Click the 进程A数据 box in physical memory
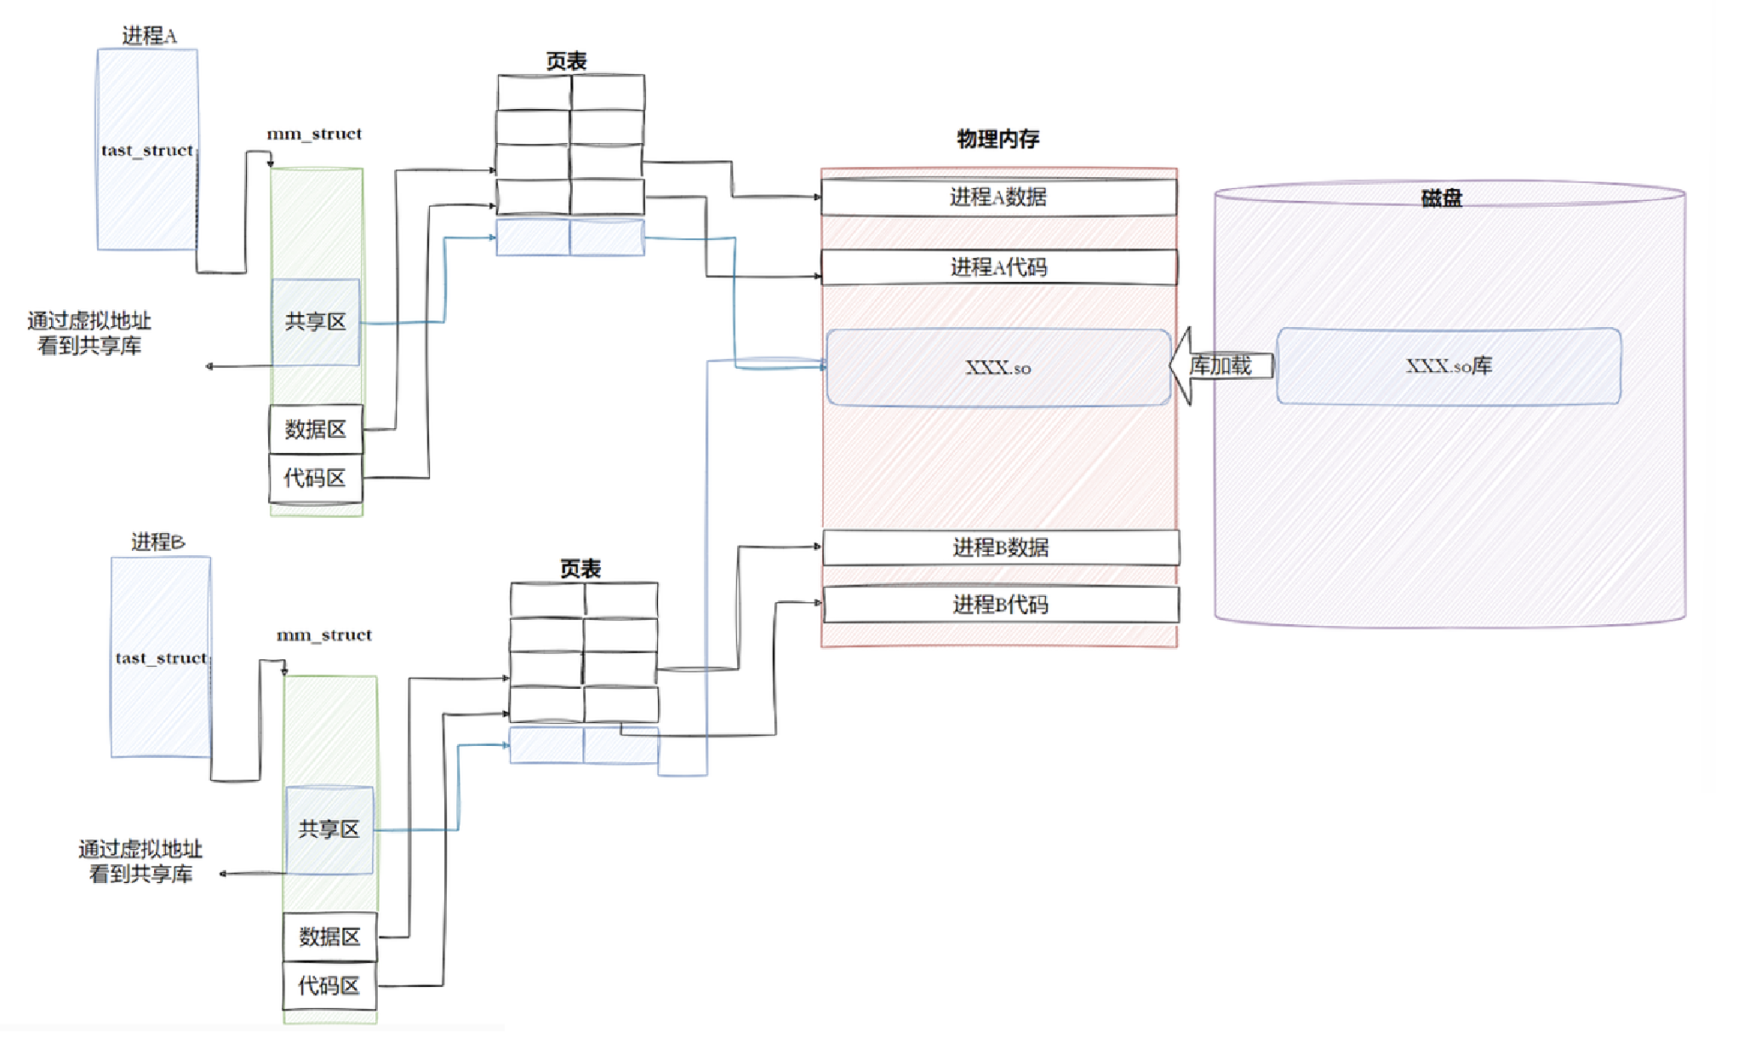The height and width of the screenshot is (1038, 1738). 998,198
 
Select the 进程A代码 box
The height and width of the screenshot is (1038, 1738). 998,267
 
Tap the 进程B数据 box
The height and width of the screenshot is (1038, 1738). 1001,548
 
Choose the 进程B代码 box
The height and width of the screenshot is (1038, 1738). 1001,605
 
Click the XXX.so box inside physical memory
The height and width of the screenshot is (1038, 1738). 998,368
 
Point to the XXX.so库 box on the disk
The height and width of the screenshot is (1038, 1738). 1449,366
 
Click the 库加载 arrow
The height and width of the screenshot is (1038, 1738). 1221,366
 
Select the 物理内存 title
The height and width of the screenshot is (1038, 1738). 998,139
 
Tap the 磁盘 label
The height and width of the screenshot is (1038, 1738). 1441,198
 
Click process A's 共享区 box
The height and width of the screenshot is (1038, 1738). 316,322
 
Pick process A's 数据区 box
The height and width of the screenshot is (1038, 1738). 316,429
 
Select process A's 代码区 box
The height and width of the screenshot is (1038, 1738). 316,478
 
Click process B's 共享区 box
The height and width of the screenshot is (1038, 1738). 329,829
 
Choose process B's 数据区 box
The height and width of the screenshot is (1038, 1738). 329,937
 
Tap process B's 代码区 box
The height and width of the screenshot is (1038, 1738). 329,986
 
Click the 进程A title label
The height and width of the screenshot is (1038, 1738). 149,36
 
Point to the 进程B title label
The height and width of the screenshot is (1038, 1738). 158,542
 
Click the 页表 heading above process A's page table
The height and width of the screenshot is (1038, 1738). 567,61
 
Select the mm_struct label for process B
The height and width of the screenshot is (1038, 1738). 324,635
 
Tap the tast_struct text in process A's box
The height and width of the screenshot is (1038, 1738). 147,151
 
